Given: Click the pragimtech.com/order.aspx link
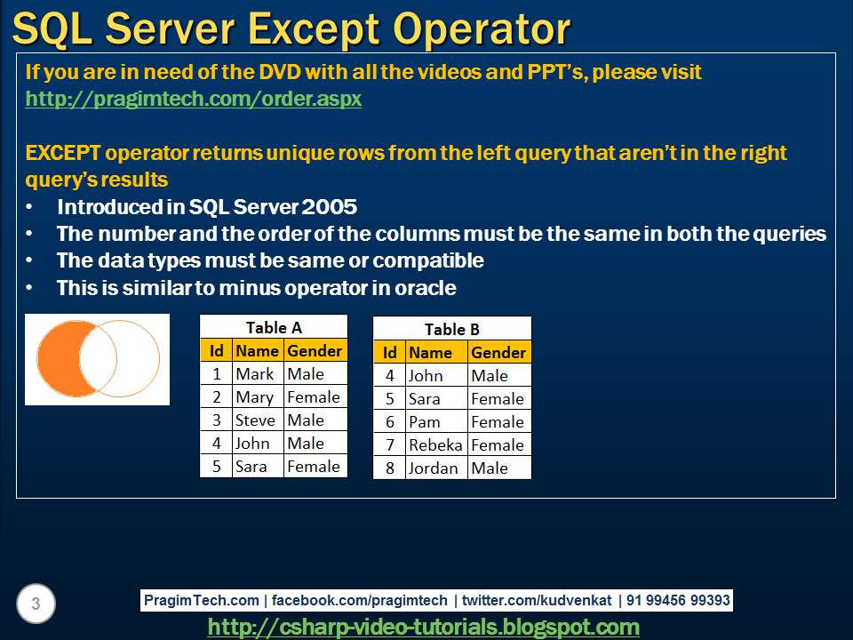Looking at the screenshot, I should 194,99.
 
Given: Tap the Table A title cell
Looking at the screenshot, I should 274,327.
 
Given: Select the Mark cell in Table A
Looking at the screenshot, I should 255,374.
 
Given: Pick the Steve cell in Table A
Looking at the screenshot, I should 256,420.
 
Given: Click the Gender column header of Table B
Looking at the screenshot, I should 498,352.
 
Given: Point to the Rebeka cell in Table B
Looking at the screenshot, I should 434,444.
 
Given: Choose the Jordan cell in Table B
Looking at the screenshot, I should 434,468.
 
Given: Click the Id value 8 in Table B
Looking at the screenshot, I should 389,468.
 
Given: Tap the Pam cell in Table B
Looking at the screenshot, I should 425,421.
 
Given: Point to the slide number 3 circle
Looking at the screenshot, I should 36,604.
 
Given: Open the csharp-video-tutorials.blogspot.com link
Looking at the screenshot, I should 424,627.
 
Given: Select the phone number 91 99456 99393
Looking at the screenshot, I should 678,600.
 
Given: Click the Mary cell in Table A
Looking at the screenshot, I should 254,397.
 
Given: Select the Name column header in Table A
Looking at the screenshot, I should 257,350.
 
